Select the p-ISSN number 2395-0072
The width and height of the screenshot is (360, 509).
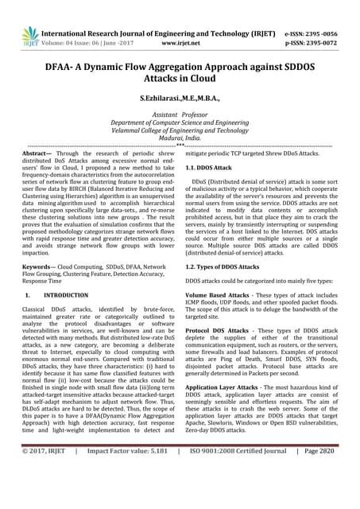pos(326,24)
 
